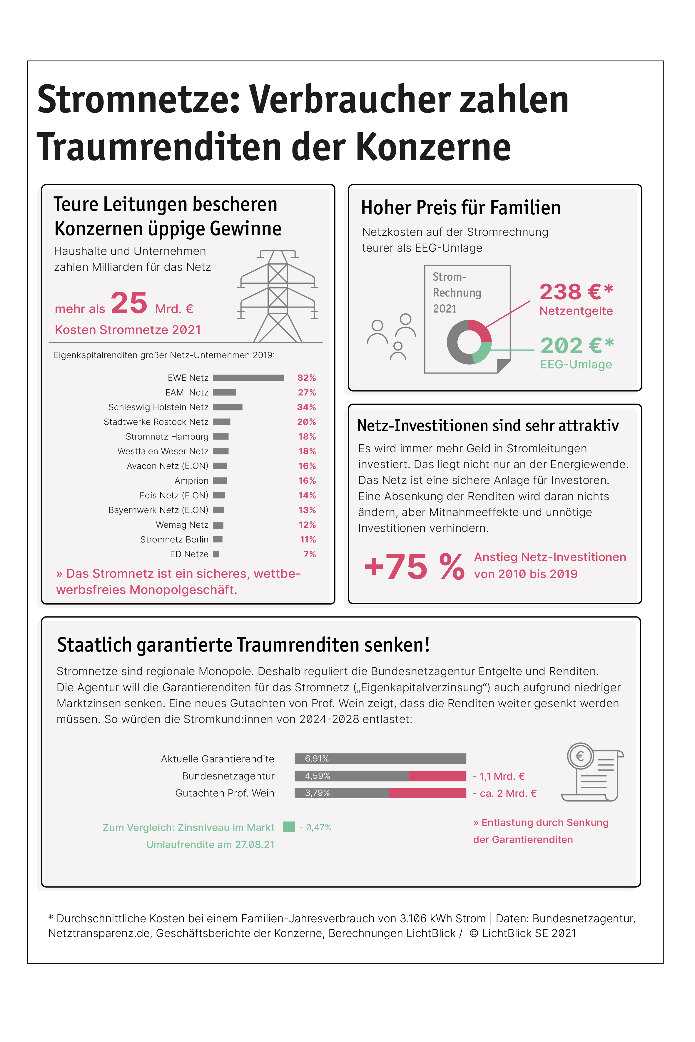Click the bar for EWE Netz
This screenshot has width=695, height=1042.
pos(248,378)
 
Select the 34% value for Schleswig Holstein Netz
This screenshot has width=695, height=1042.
pos(306,407)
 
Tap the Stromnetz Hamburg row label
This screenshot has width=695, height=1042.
pos(167,437)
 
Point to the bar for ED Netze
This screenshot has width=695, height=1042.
pos(216,554)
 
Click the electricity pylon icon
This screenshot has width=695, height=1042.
pos(278,296)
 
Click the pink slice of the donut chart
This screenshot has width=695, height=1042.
pos(481,330)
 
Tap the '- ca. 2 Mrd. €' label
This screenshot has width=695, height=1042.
pos(504,793)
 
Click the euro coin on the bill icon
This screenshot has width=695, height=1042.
pos(580,756)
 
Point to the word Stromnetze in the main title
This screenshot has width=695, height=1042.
pos(138,99)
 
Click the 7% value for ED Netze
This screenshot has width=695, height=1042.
pos(309,554)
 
